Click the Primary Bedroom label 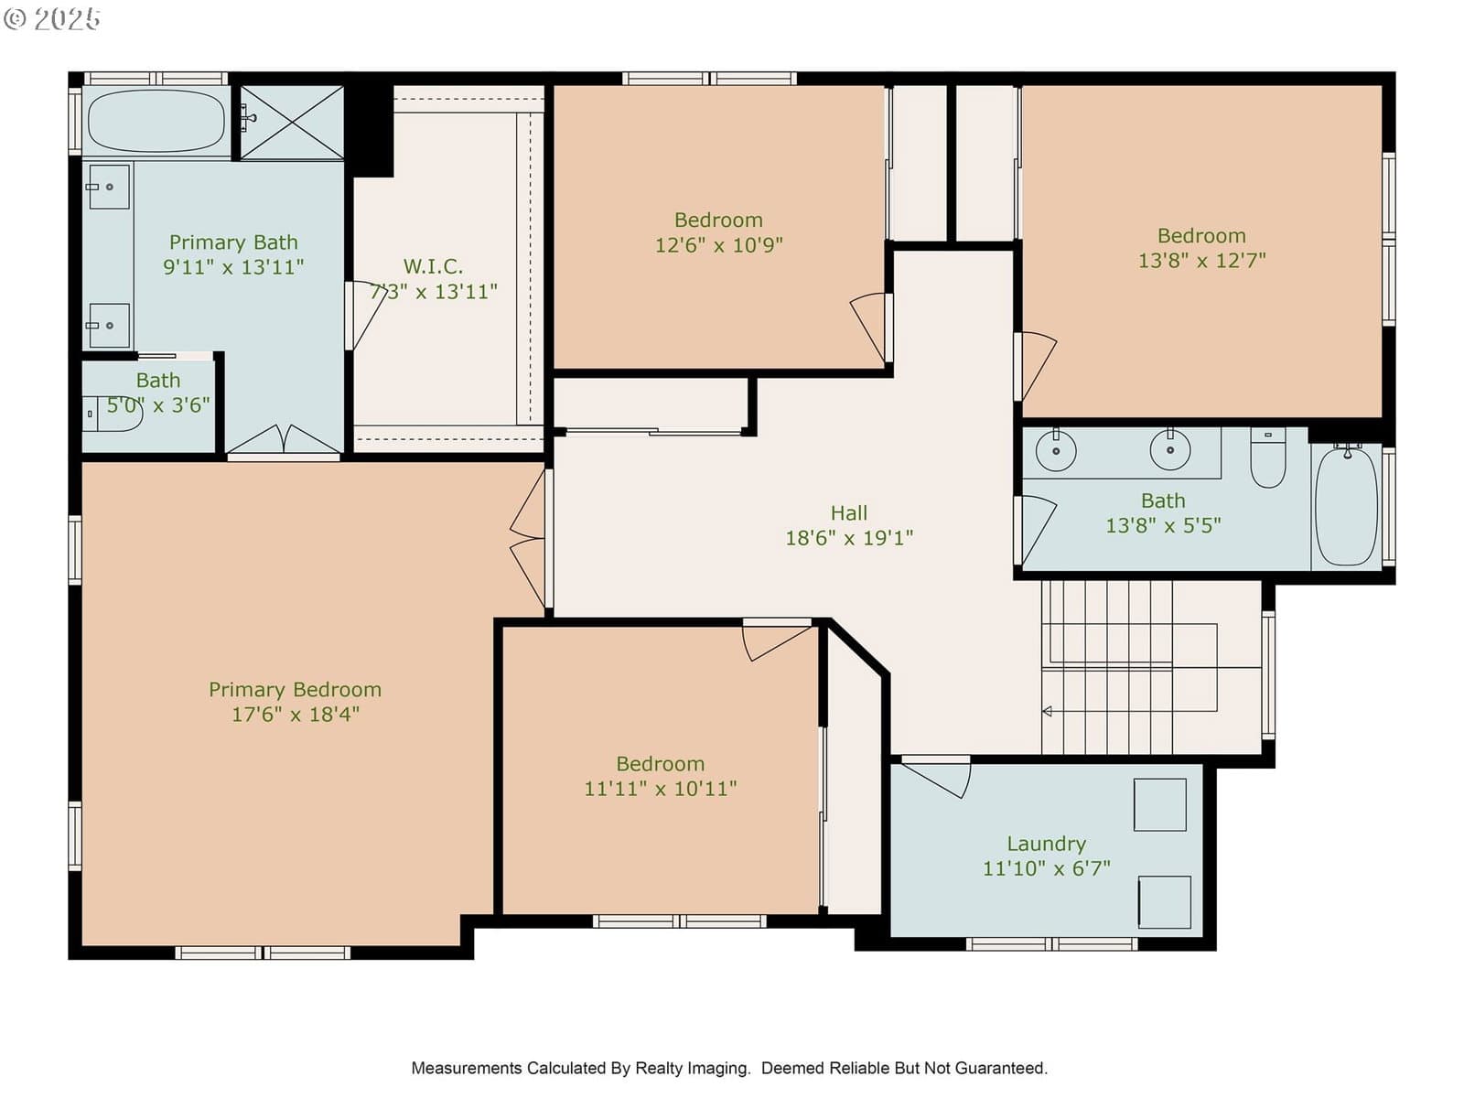coord(295,689)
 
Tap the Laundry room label coord(1046,844)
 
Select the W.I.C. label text coord(433,266)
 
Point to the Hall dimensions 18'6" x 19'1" coord(848,537)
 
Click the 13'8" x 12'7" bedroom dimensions coord(1201,260)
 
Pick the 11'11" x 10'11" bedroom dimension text coord(661,788)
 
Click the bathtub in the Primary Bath coord(156,121)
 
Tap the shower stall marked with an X coord(292,123)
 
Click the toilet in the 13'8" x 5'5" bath coord(1267,458)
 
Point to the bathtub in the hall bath coord(1346,507)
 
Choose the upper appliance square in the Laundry coord(1160,804)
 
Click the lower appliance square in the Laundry coord(1165,902)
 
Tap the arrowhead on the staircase coord(1047,711)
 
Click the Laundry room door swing coord(936,777)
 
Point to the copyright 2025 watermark coord(51,18)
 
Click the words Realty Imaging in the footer coord(693,1068)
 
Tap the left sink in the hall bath coord(1056,450)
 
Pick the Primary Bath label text coord(233,242)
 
